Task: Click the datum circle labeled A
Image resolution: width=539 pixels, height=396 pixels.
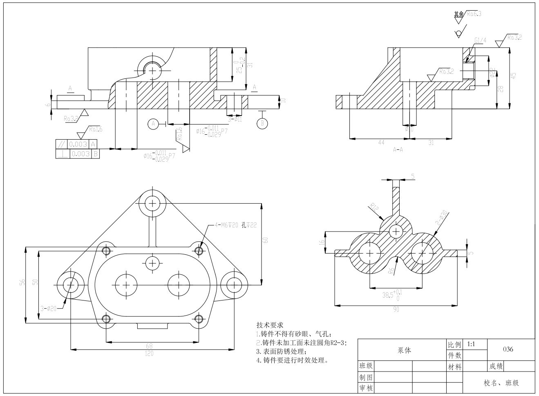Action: tap(153, 123)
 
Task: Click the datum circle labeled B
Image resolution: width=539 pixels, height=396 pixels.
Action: tap(262, 123)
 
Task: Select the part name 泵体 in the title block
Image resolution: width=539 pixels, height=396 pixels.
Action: tap(404, 350)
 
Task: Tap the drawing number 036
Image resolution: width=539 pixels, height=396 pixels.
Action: tap(508, 349)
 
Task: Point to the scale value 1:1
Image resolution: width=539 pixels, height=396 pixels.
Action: tap(471, 344)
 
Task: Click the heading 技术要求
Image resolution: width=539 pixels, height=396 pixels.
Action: tap(270, 325)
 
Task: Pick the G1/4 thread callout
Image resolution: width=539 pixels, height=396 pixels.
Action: tap(481, 40)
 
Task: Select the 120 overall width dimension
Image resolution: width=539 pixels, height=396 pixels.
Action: tap(149, 354)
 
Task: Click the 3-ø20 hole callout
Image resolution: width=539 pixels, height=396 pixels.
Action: tap(49, 308)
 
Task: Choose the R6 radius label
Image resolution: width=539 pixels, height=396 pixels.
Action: tap(391, 270)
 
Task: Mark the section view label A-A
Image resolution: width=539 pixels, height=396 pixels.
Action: tap(398, 149)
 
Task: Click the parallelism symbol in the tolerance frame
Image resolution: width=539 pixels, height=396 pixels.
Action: tap(62, 144)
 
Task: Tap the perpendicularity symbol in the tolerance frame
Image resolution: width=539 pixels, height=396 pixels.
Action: tap(62, 154)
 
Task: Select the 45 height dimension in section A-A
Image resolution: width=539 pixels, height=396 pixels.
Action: tap(514, 76)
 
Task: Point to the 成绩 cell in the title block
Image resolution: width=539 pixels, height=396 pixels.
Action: tap(496, 366)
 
